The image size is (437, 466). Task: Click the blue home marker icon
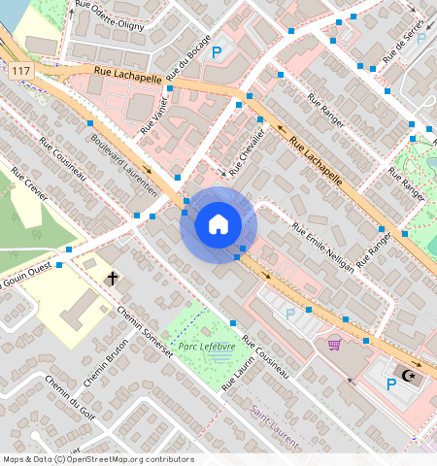click(218, 225)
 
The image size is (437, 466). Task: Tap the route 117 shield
click(20, 71)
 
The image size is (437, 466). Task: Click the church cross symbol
click(113, 280)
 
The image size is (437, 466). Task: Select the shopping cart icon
click(334, 343)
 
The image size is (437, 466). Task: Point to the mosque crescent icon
click(409, 376)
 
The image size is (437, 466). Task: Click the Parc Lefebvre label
click(203, 346)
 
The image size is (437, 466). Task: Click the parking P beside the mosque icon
click(391, 384)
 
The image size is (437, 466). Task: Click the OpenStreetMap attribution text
click(98, 459)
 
